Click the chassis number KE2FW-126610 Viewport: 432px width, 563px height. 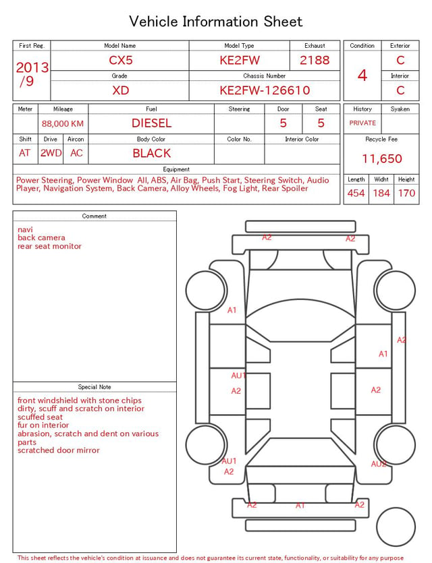tap(265, 90)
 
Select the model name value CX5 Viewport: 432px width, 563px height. tap(121, 60)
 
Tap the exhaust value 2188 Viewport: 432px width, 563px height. tap(315, 60)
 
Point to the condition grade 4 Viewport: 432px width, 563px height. tap(362, 76)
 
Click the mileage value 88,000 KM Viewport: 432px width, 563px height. tap(63, 124)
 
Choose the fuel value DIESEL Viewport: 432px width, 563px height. tap(152, 123)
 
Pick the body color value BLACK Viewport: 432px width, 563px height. tap(152, 153)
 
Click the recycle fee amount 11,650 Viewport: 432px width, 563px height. tap(381, 158)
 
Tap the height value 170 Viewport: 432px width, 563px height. tap(406, 193)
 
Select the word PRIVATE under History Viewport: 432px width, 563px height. tap(362, 123)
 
